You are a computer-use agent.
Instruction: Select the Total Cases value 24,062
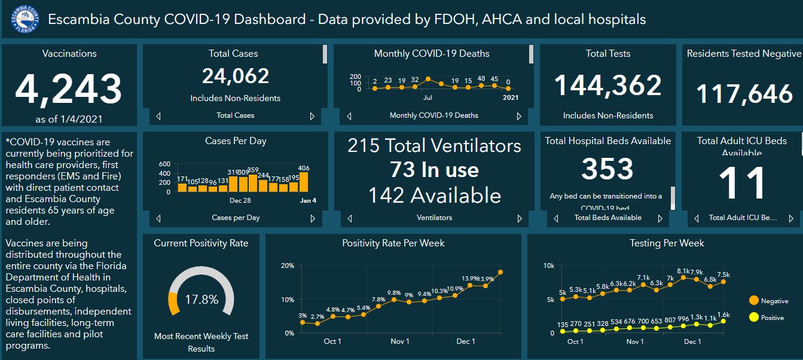pyautogui.click(x=236, y=76)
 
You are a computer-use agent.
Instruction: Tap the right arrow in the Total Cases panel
pyautogui.click(x=312, y=117)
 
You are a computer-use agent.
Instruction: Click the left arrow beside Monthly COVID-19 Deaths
pyautogui.click(x=349, y=117)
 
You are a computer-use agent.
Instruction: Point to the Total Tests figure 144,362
pyautogui.click(x=608, y=85)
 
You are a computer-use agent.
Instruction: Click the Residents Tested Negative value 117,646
pyautogui.click(x=744, y=94)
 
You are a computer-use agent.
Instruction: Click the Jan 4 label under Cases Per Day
pyautogui.click(x=307, y=200)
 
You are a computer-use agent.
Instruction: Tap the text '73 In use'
pyautogui.click(x=434, y=170)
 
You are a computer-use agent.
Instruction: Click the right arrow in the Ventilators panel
pyautogui.click(x=519, y=219)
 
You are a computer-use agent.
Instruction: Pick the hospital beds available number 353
pyautogui.click(x=607, y=169)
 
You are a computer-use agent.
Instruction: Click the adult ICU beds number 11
pyautogui.click(x=741, y=183)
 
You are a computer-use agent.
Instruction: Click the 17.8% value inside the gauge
pyautogui.click(x=201, y=300)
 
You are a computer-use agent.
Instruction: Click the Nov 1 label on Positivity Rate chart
pyautogui.click(x=399, y=341)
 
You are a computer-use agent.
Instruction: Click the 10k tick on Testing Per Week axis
pyautogui.click(x=549, y=266)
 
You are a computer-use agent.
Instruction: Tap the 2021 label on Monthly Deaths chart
pyautogui.click(x=510, y=97)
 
